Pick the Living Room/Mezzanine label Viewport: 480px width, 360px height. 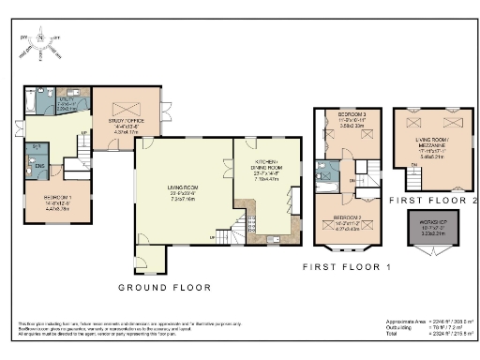tap(431, 142)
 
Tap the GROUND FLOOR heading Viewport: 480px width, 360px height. tap(164, 287)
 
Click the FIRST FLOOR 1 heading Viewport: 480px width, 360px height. tap(346, 267)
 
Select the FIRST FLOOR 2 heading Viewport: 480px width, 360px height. tap(432, 199)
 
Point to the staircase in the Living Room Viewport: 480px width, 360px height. tap(247, 226)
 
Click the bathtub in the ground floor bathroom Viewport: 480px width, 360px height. tap(31, 97)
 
